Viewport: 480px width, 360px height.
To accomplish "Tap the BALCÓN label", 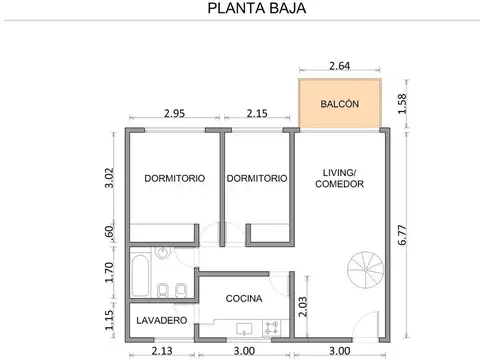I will click(341, 105).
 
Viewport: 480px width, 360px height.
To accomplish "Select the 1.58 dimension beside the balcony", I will click(403, 104).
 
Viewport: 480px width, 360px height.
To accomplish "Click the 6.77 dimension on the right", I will click(403, 236).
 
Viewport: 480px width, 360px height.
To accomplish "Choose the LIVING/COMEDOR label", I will click(338, 178).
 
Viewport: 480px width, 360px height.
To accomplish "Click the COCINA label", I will click(244, 298).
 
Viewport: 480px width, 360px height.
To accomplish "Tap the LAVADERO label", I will click(160, 320).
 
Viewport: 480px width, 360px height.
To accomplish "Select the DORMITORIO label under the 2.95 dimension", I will click(175, 178).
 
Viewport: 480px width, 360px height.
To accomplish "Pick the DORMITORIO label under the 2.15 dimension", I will click(257, 178).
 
